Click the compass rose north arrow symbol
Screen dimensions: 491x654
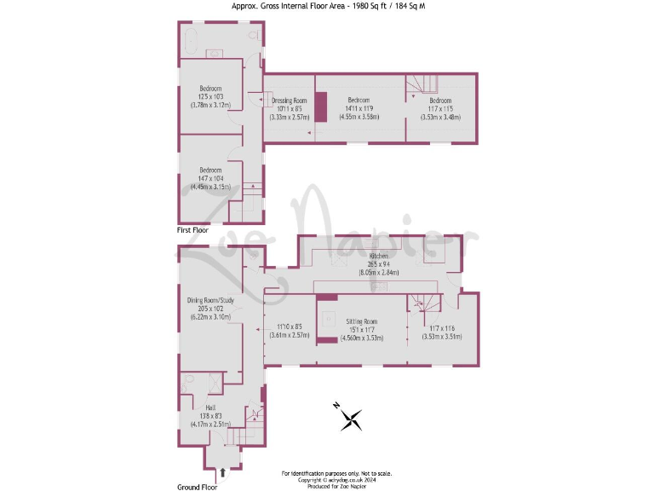coord(350,418)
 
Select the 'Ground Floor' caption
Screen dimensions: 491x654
coord(197,487)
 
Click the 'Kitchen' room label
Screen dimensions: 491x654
coord(379,256)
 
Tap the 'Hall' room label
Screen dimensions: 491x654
coord(210,407)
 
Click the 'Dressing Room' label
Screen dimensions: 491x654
coord(290,101)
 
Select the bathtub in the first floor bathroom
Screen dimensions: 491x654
coord(191,36)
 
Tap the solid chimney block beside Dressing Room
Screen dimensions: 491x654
coord(321,107)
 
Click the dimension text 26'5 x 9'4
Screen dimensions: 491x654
coord(379,263)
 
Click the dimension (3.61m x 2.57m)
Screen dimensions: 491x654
coord(289,336)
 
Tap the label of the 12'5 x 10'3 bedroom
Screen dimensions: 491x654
coord(210,89)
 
